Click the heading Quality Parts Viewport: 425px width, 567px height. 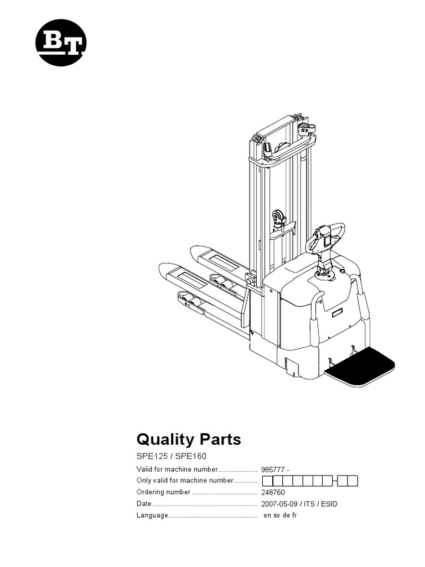(189, 439)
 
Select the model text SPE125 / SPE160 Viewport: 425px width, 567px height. (170, 458)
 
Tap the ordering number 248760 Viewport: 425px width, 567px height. (273, 492)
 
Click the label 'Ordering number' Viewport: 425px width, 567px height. (163, 492)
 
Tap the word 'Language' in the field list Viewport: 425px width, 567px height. (152, 516)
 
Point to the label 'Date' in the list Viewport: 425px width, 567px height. (144, 504)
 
